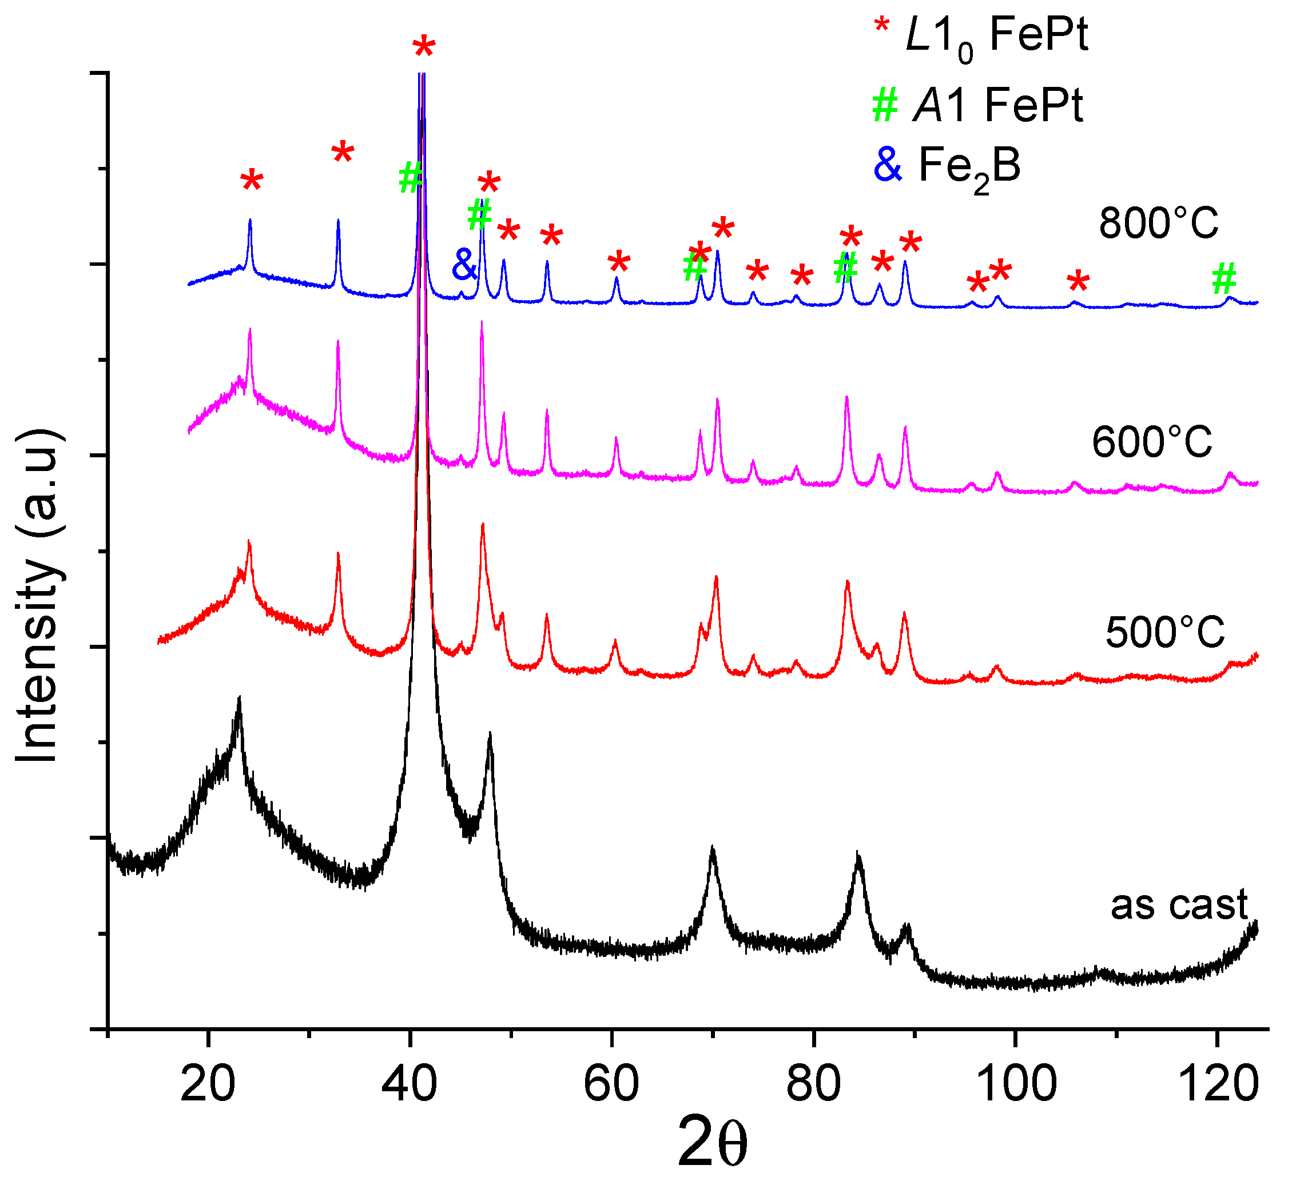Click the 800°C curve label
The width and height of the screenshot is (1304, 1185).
(x=1158, y=224)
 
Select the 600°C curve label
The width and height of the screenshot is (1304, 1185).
(x=1152, y=444)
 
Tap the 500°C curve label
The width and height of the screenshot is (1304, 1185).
(x=1164, y=632)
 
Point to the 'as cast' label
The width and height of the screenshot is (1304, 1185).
(x=1179, y=904)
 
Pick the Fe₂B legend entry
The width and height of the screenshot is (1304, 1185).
(x=948, y=166)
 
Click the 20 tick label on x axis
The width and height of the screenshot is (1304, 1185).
(x=208, y=1084)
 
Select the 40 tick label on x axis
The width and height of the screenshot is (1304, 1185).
(x=410, y=1084)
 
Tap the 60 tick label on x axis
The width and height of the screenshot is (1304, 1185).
(x=611, y=1084)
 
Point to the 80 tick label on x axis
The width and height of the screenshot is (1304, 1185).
(x=814, y=1084)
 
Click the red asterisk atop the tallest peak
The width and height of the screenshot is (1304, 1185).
(x=424, y=49)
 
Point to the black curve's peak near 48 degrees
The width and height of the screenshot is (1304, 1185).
(x=490, y=735)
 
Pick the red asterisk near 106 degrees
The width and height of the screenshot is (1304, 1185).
(x=1078, y=282)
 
